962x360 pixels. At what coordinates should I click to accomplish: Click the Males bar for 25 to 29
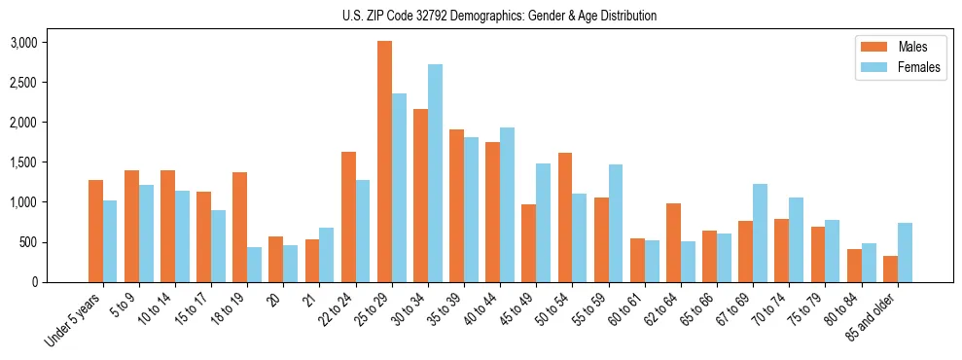[384, 162]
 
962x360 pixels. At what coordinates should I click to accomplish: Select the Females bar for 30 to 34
[435, 173]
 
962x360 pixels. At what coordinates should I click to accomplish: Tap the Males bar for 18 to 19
[240, 227]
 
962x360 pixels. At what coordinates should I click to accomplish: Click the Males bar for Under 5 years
[95, 231]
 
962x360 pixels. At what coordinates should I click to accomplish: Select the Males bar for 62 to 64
[672, 242]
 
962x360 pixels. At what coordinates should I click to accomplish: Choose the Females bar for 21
[327, 255]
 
